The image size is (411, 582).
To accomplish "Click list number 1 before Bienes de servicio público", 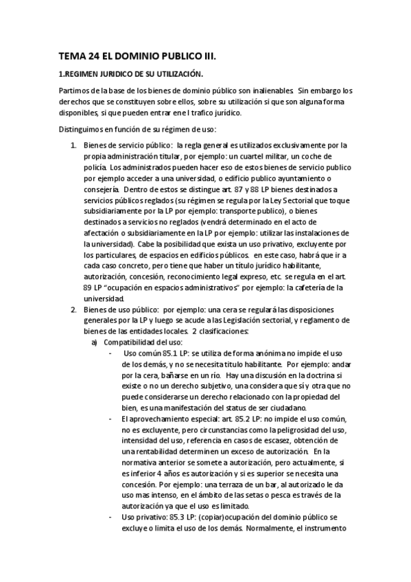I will point(75,145).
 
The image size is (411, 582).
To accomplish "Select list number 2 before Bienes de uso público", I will point(75,310).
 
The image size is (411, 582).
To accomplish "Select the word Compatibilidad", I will point(130,342).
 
